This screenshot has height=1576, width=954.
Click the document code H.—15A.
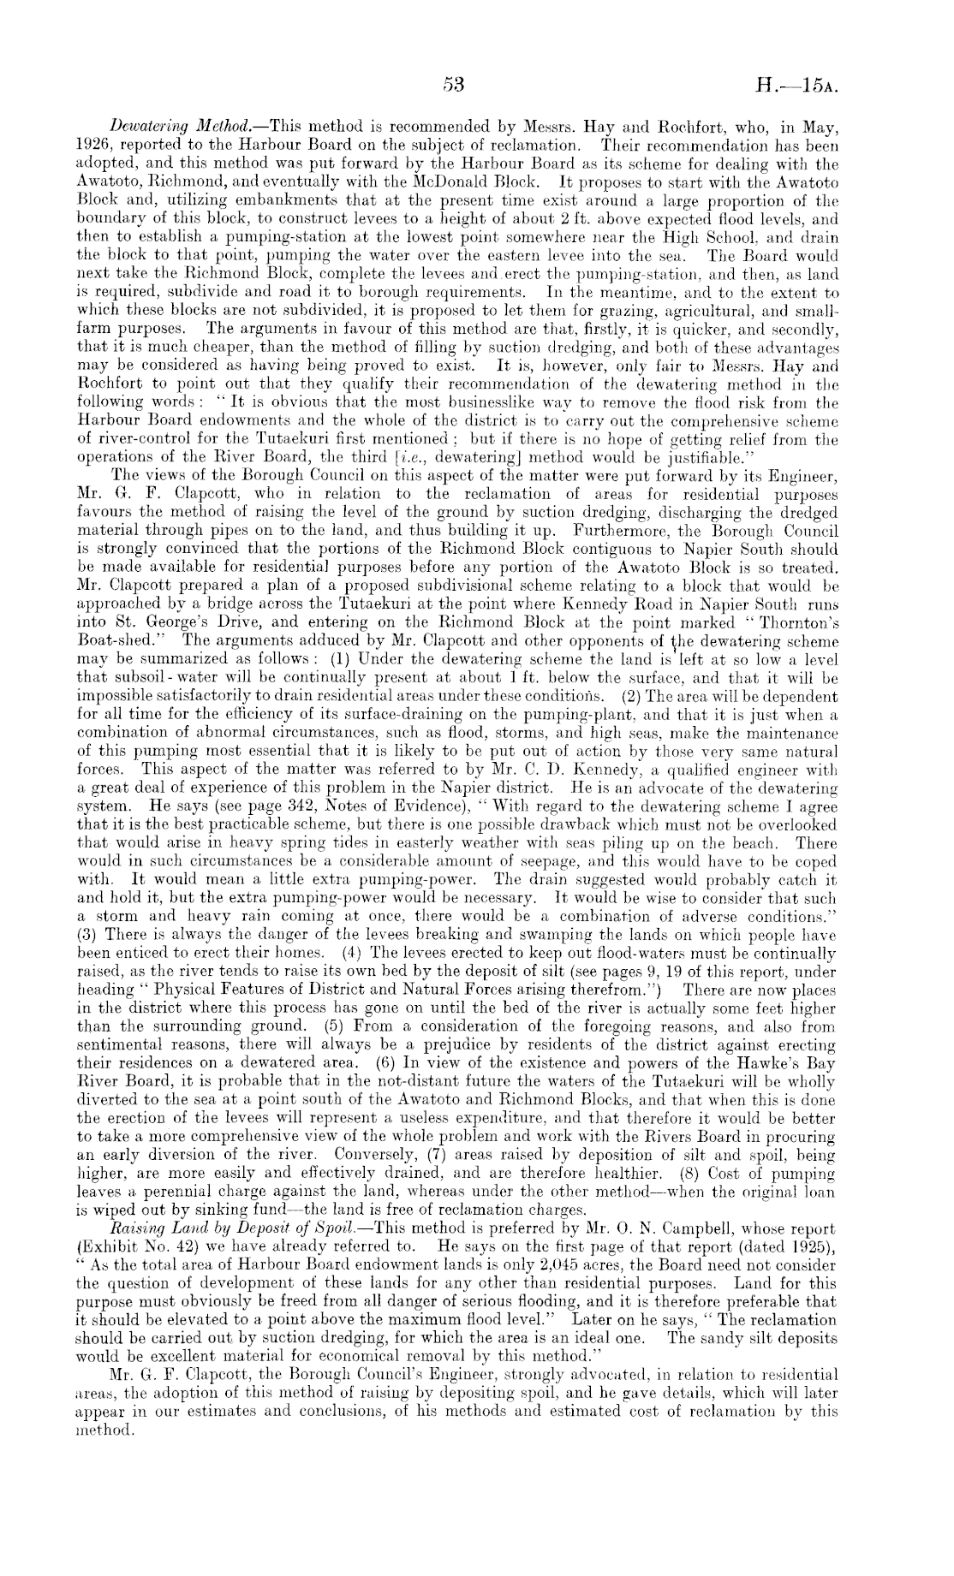[x=796, y=86]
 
